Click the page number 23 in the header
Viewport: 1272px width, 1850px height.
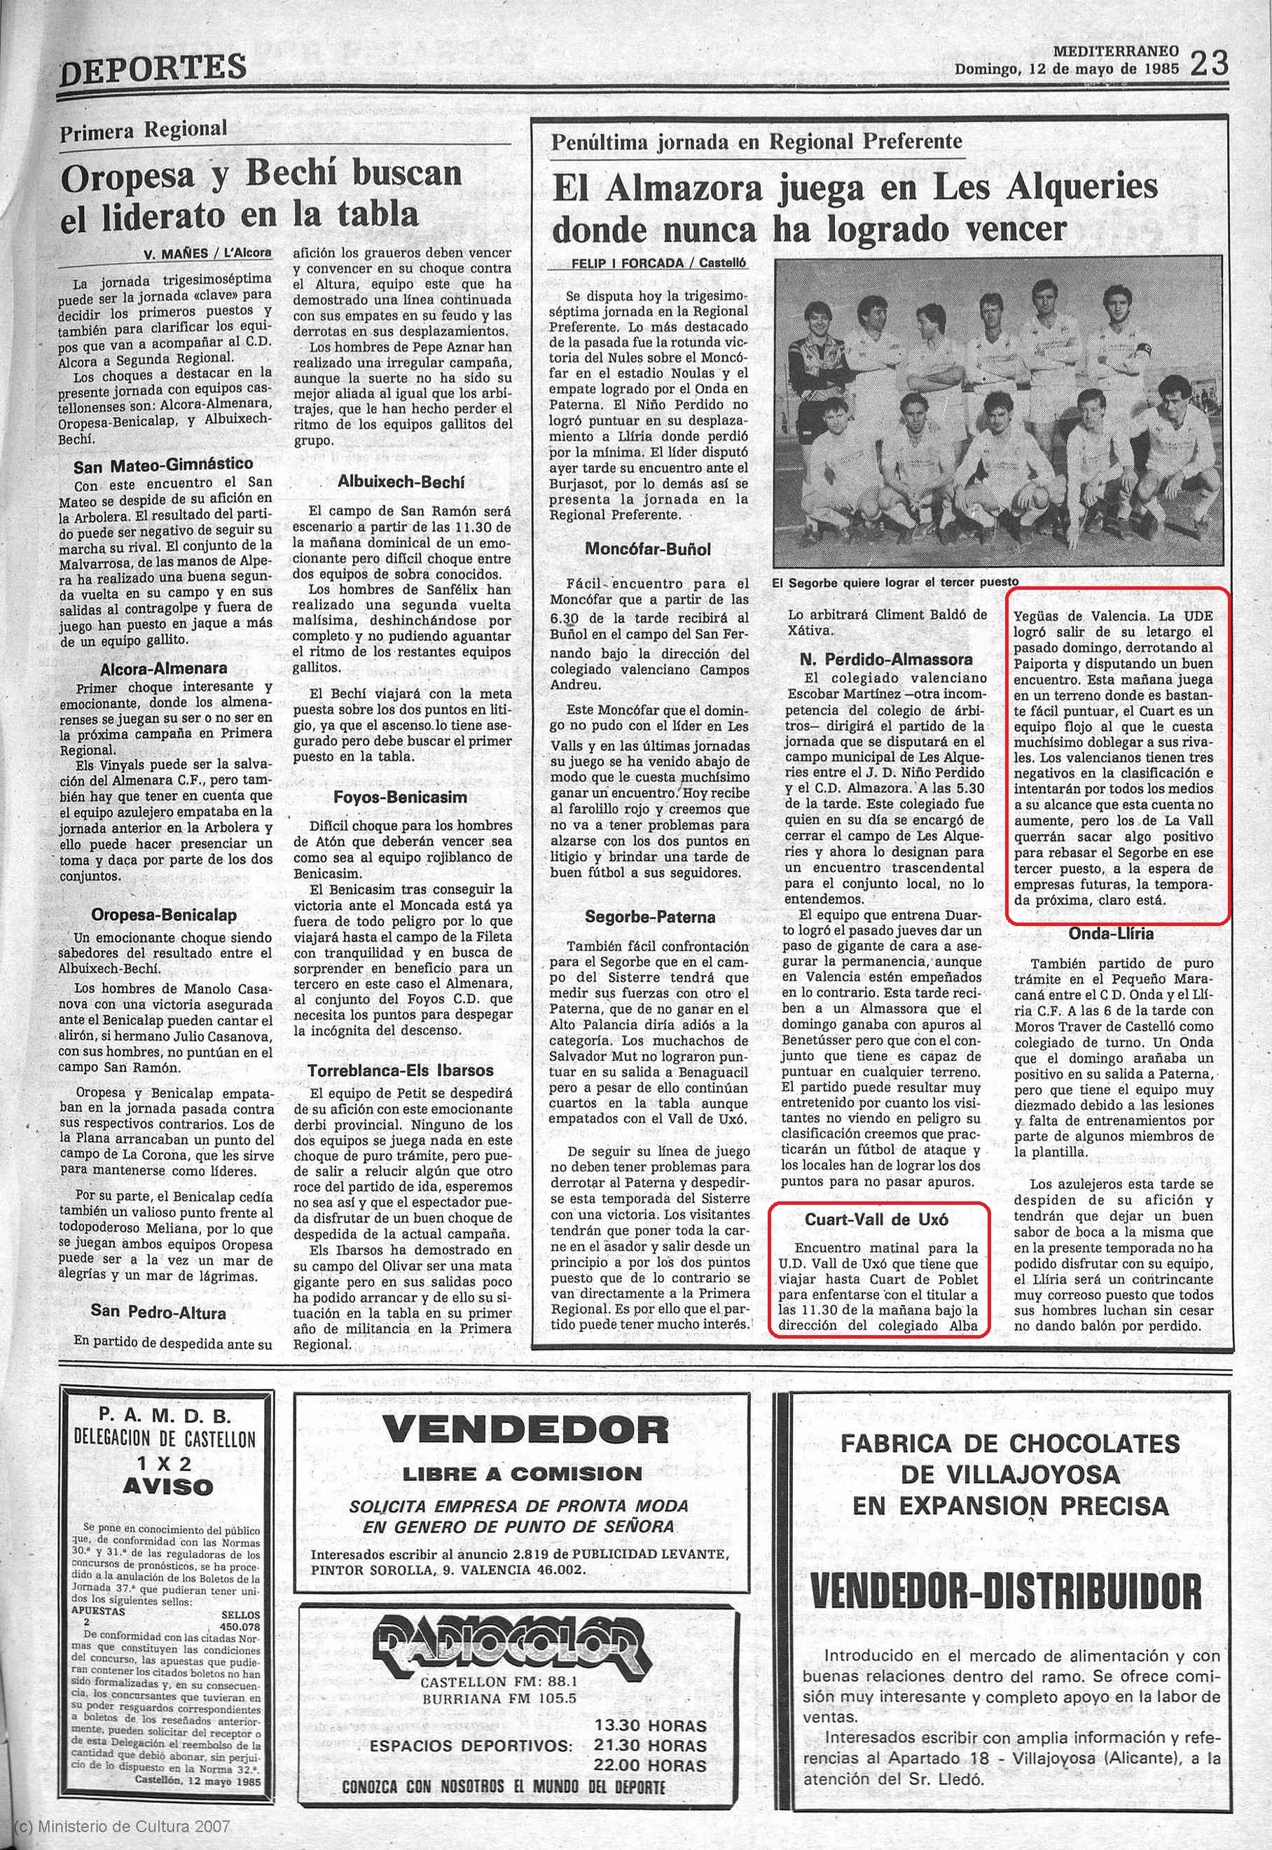1210,63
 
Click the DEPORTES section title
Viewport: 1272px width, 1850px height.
153,68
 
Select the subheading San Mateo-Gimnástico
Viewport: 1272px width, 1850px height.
163,464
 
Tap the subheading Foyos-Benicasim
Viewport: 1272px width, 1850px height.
401,796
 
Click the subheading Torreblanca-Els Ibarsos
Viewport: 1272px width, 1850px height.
401,1070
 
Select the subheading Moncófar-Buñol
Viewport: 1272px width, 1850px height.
647,548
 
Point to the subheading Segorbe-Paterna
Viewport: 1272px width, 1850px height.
649,917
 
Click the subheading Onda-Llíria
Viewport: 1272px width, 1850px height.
1112,932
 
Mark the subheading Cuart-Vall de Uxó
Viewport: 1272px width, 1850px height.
877,1220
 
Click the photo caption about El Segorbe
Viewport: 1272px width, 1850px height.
895,582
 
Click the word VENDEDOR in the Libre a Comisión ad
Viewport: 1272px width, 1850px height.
526,1430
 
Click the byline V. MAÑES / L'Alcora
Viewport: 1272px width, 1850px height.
207,254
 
